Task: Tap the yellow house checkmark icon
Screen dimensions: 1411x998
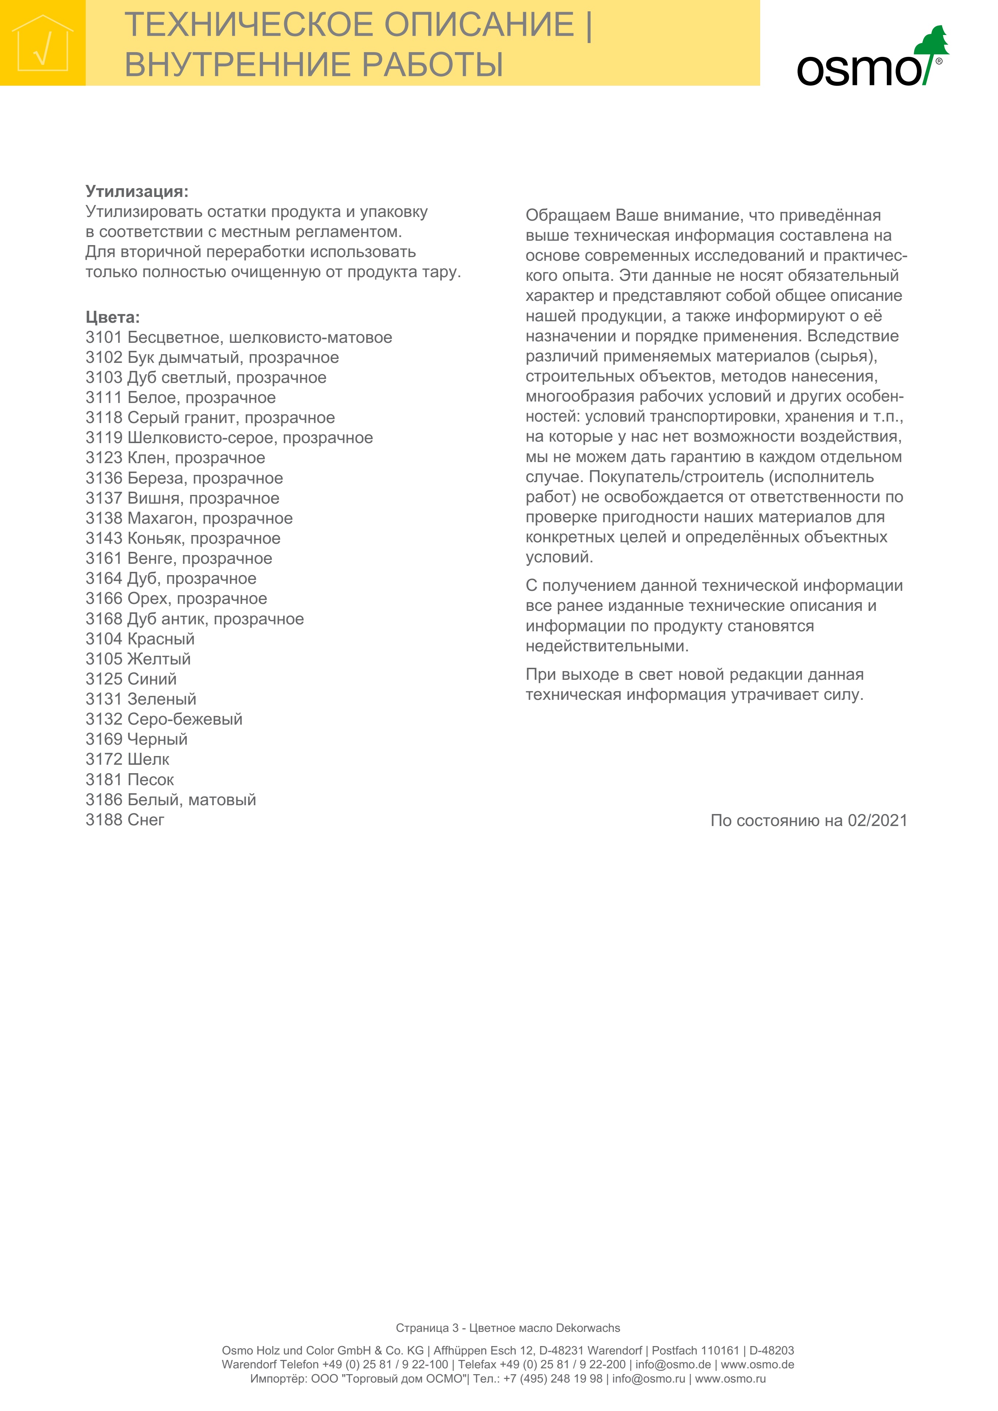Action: [x=42, y=43]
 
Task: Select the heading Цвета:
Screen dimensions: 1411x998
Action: [x=112, y=317]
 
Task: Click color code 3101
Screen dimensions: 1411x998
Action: [x=104, y=337]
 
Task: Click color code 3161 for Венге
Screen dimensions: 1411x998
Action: [x=104, y=559]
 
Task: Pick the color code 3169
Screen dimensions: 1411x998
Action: [x=104, y=739]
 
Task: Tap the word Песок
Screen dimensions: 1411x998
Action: [x=151, y=780]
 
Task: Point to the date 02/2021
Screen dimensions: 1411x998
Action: [x=877, y=821]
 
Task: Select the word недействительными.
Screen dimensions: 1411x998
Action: [x=607, y=646]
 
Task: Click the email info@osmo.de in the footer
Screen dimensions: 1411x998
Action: [x=673, y=1364]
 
